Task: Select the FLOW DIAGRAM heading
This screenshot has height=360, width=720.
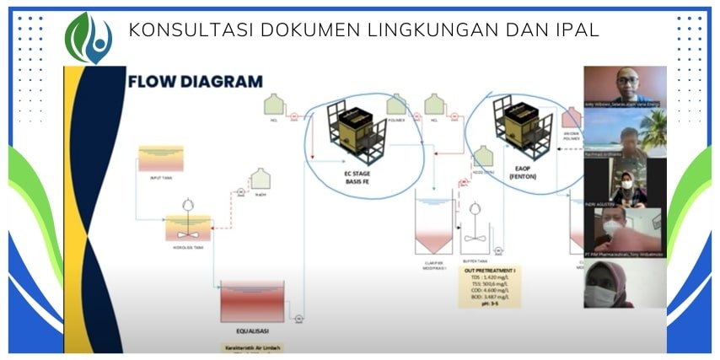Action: [x=195, y=82]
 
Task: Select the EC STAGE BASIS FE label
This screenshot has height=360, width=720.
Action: [x=357, y=178]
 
